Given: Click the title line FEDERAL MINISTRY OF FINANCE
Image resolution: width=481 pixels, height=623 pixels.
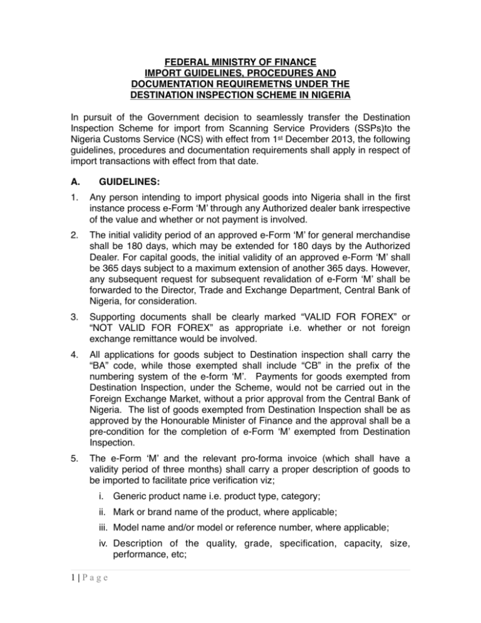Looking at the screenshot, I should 240,62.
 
